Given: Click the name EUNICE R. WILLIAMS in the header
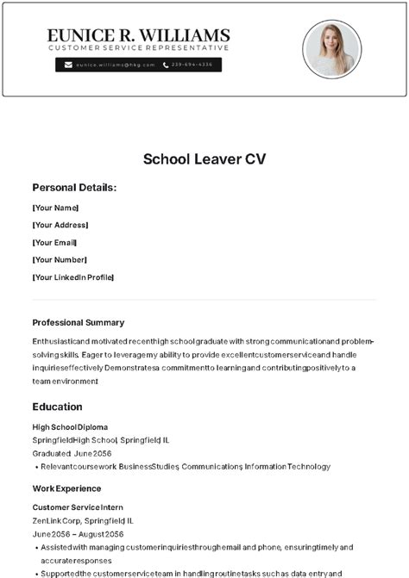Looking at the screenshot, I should click(138, 35).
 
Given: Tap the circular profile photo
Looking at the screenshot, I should click(332, 49).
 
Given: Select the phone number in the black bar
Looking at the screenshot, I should click(192, 65).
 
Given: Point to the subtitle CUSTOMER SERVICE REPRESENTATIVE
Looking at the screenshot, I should click(138, 48).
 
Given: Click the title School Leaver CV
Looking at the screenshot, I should click(204, 158).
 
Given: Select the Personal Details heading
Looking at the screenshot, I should click(74, 188).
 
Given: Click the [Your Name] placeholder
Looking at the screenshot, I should click(55, 208).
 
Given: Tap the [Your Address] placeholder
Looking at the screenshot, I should click(60, 225).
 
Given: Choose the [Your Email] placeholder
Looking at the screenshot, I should click(55, 242).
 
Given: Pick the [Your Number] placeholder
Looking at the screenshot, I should click(60, 259).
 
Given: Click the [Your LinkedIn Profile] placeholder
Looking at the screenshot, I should click(73, 277).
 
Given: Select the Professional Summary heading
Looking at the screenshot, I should click(79, 322).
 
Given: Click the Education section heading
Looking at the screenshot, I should click(58, 407).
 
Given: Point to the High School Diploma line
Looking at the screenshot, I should click(70, 426).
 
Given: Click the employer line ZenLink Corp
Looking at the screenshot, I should click(83, 520).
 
